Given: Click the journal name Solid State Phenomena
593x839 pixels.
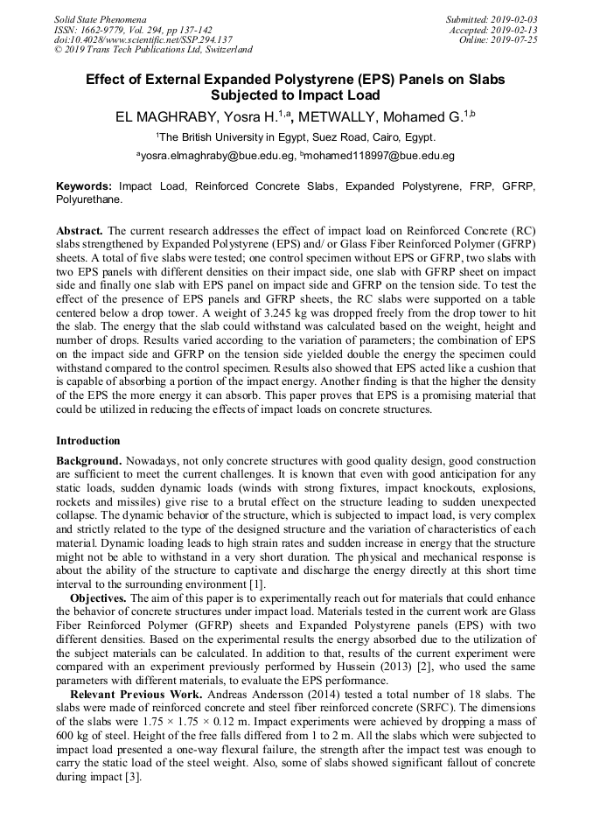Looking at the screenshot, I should [100, 18].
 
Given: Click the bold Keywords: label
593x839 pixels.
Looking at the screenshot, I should [85, 186].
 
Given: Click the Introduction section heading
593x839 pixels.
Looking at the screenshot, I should [88, 440].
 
